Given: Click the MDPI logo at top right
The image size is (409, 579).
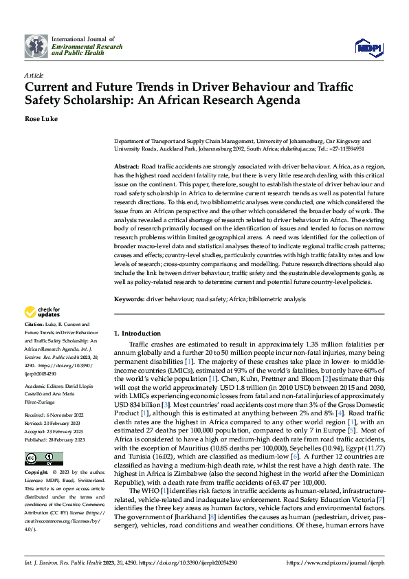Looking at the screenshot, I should [x=366, y=47].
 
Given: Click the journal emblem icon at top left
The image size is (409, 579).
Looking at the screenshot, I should [x=37, y=46].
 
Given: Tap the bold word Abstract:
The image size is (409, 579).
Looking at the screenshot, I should [x=126, y=167].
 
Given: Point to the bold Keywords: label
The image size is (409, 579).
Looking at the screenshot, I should [x=129, y=300].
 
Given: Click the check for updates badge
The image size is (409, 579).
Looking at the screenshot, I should [x=42, y=312].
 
